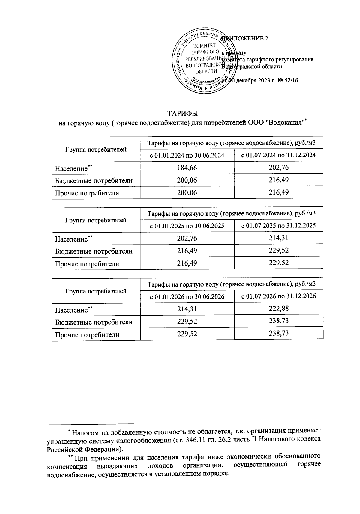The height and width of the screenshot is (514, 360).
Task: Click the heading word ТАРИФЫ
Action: point(183,114)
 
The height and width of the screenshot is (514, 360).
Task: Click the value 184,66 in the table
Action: point(187,168)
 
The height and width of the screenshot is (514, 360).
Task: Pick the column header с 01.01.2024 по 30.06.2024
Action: point(187,155)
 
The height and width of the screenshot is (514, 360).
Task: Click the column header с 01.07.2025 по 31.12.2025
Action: point(279,225)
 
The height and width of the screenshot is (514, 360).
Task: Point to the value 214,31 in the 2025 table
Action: point(279,238)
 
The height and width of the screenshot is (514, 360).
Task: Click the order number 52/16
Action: point(289,80)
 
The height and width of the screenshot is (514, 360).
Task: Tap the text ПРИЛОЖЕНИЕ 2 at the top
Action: point(244,39)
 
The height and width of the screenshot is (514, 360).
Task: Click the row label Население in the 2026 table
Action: point(71,310)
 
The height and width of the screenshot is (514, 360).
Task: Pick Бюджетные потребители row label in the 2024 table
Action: point(94,181)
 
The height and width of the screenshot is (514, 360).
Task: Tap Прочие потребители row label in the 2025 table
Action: point(87,264)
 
